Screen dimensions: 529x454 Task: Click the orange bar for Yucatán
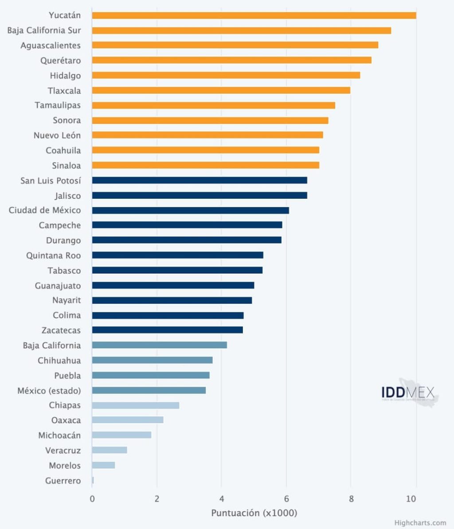pyautogui.click(x=254, y=15)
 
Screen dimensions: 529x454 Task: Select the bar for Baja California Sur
pyautogui.click(x=241, y=31)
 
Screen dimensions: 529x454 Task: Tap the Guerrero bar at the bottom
pyautogui.click(x=93, y=480)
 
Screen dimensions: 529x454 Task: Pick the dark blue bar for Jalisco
pyautogui.click(x=200, y=195)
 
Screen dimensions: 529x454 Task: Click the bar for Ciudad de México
pyautogui.click(x=190, y=210)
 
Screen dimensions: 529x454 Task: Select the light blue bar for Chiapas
pyautogui.click(x=136, y=405)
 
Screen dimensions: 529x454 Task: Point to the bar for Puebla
pyautogui.click(x=151, y=375)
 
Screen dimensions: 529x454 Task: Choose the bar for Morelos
pyautogui.click(x=103, y=465)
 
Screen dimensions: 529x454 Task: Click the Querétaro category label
pyautogui.click(x=60, y=61)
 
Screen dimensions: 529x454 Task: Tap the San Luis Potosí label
pyautogui.click(x=51, y=181)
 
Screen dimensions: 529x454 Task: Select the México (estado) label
pyautogui.click(x=49, y=390)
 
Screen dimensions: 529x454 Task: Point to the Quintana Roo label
pyautogui.click(x=53, y=255)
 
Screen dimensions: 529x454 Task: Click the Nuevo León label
pyautogui.click(x=57, y=135)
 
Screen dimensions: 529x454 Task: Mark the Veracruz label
pyautogui.click(x=63, y=451)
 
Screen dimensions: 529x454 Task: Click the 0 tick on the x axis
pyautogui.click(x=92, y=499)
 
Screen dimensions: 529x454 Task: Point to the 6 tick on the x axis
pyautogui.click(x=286, y=499)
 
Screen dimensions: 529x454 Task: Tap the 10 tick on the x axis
pyautogui.click(x=411, y=499)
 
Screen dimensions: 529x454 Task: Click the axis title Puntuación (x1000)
pyautogui.click(x=254, y=513)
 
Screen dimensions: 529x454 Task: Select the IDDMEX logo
pyautogui.click(x=408, y=393)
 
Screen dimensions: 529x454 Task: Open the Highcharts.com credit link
pyautogui.click(x=420, y=523)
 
